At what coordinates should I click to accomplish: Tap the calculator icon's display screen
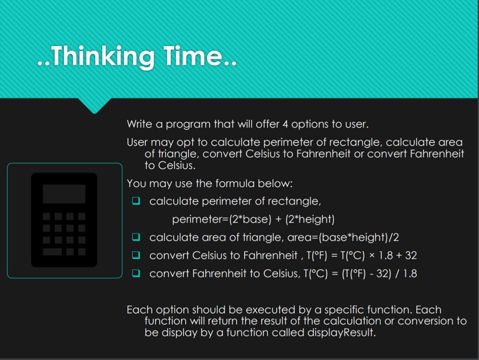(64, 194)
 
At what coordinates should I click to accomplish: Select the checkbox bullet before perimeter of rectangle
(136, 201)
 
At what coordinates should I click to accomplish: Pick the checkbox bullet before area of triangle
(136, 237)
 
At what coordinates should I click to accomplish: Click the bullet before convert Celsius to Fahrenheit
(136, 255)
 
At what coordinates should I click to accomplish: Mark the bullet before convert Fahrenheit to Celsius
(136, 273)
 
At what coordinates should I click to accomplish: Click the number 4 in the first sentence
(285, 124)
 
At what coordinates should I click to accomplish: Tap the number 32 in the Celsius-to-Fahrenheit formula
(411, 255)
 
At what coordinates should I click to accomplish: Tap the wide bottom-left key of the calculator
(52, 251)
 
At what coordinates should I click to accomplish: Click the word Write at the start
(139, 124)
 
